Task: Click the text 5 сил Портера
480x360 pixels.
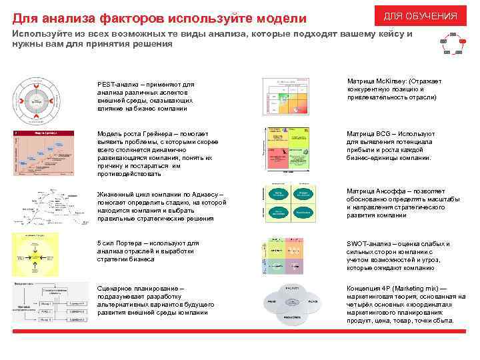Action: tap(119, 243)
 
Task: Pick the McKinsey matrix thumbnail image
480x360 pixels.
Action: tap(285, 97)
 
